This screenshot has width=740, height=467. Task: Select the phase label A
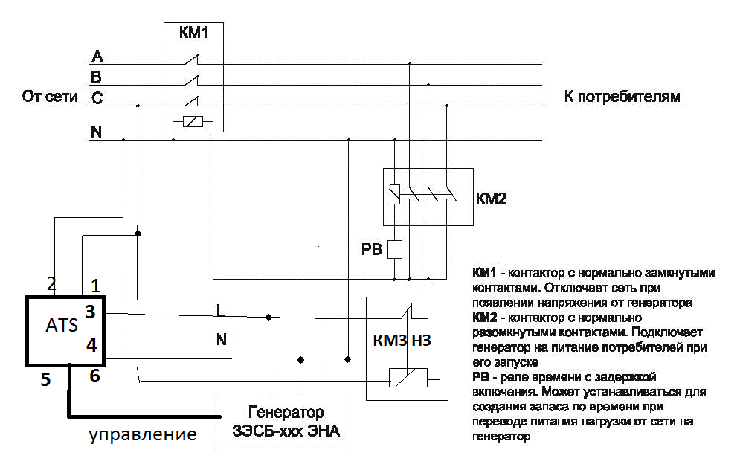point(96,57)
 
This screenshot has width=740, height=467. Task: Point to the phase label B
point(96,77)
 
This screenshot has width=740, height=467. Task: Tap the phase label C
point(96,97)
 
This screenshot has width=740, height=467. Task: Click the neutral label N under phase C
point(96,132)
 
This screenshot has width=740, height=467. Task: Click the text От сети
point(51,97)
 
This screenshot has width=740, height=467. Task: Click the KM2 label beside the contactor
point(491,199)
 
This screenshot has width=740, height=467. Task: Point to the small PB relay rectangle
point(396,248)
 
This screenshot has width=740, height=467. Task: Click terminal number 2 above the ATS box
point(51,283)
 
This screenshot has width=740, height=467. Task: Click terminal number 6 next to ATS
point(94,376)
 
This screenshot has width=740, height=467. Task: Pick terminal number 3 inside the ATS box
point(90,312)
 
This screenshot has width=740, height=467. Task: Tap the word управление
point(143,434)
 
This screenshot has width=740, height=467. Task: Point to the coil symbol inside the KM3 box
point(408,377)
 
